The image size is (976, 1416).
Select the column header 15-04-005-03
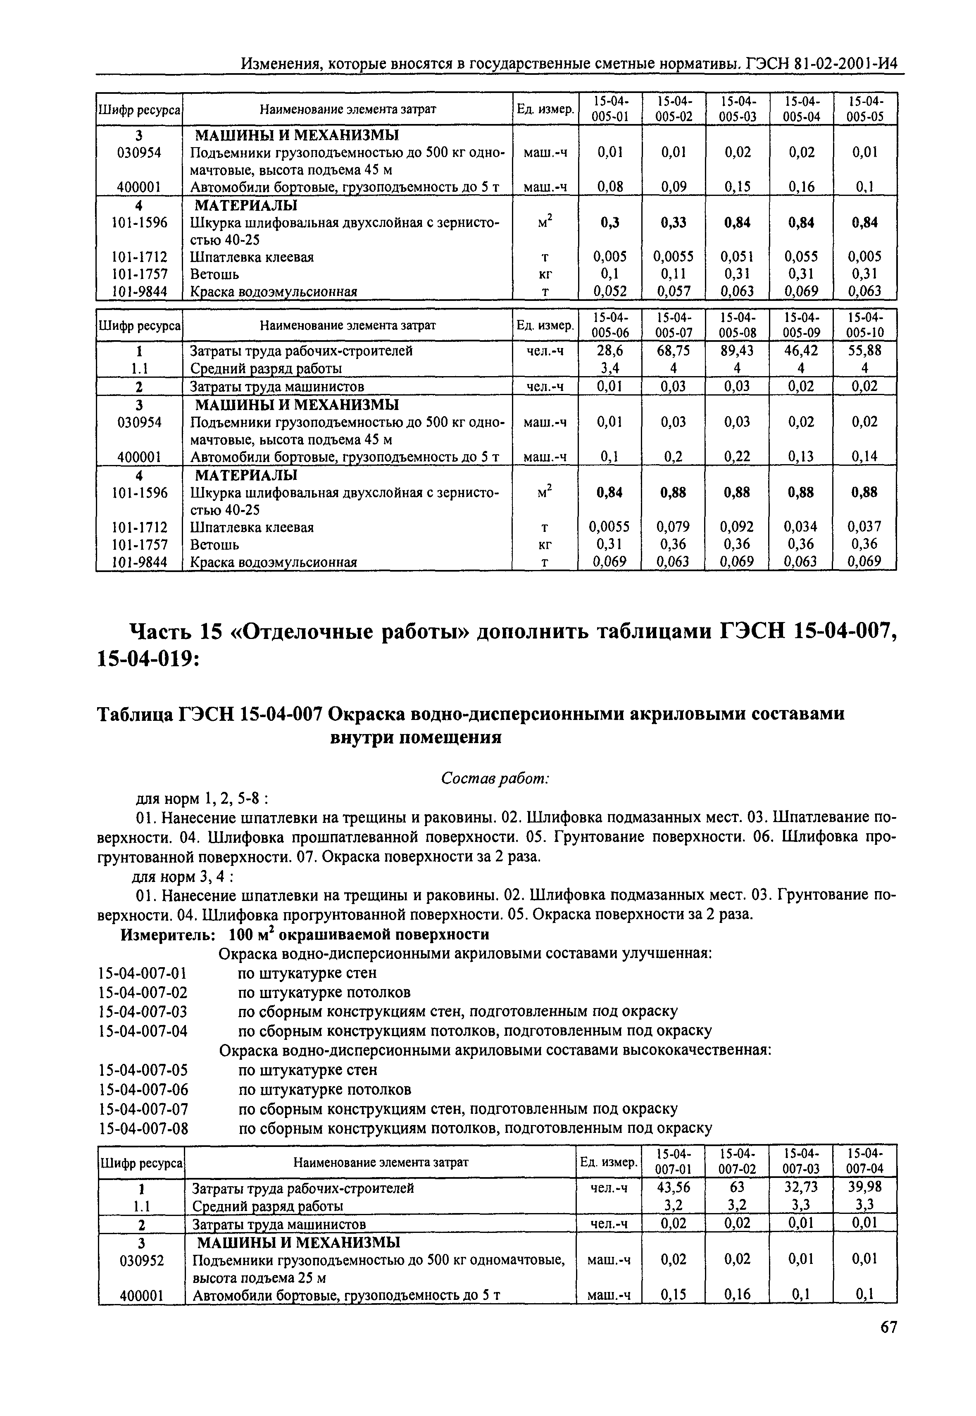(737, 108)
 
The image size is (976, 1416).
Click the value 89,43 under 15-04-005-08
(737, 350)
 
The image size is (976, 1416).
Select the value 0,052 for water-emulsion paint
(610, 291)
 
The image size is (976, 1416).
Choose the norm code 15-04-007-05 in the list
(143, 1070)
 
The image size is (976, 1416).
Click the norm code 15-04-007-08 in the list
(143, 1128)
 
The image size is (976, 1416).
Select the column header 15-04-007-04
(865, 1160)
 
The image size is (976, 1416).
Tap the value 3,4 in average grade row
(610, 368)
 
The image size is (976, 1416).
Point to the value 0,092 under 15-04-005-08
(737, 527)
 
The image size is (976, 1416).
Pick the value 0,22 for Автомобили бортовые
(737, 456)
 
